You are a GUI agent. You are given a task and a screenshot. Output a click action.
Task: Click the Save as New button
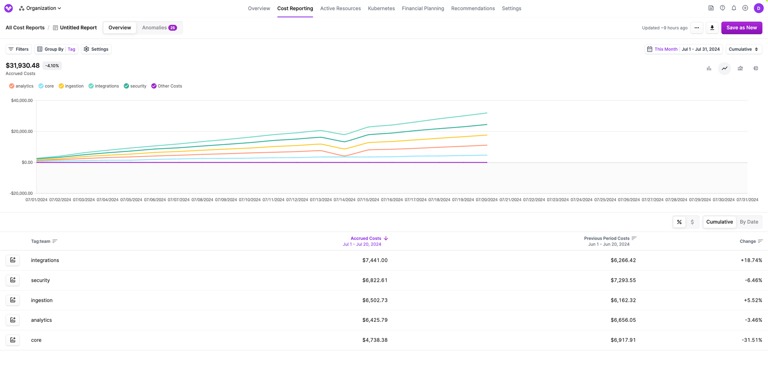tap(741, 28)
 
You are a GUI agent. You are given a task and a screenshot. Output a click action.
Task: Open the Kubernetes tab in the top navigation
tap(381, 8)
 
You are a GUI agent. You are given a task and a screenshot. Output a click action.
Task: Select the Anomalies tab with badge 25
tap(159, 28)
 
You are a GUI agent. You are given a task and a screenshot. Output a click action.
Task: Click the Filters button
tap(18, 49)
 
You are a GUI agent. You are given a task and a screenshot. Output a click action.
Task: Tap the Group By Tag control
tap(56, 49)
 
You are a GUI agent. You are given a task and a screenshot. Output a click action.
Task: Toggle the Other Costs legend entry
tap(166, 86)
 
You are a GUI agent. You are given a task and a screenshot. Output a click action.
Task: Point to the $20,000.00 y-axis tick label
tap(22, 131)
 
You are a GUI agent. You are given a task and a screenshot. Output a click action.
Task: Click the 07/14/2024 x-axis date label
tap(344, 200)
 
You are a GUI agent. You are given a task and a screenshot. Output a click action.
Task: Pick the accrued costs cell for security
tap(374, 280)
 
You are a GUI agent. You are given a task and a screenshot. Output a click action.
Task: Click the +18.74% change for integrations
tap(751, 260)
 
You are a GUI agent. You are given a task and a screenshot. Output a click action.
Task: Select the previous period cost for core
tap(623, 340)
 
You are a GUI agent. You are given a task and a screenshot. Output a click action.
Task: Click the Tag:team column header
tap(41, 241)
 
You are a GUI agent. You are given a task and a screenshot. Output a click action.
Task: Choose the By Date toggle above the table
tap(748, 222)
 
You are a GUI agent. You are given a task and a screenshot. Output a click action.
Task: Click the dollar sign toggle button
tap(692, 222)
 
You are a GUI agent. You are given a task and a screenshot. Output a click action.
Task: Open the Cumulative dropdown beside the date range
tap(743, 49)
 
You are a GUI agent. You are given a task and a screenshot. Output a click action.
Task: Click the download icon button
tap(712, 28)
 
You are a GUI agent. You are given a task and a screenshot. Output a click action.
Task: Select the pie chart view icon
tap(755, 68)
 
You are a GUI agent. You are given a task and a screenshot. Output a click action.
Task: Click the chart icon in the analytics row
tap(13, 320)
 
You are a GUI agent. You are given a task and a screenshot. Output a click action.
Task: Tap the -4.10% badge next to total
tap(52, 66)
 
